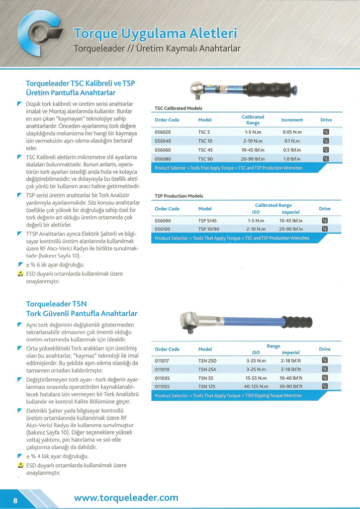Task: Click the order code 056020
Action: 163,132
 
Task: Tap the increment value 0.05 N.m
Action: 292,132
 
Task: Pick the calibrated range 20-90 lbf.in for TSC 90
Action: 253,159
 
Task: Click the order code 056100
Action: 163,229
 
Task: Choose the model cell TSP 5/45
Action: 207,220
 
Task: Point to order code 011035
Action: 162,378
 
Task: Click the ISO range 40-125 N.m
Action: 256,386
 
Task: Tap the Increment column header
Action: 292,120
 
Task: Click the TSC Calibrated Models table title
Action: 178,108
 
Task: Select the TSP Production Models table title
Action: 179,196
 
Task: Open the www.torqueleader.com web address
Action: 126,498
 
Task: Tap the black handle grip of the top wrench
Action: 269,89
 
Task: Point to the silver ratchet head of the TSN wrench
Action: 189,321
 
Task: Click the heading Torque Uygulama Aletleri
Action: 155,34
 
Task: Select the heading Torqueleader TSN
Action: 56,304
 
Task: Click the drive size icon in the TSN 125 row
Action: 325,386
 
